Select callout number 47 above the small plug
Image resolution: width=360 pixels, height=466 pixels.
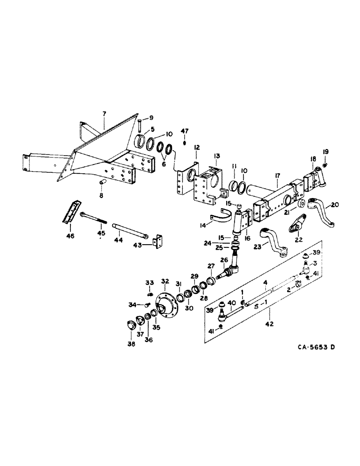[x=185, y=132]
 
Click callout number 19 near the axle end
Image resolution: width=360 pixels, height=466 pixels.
[x=326, y=151]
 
